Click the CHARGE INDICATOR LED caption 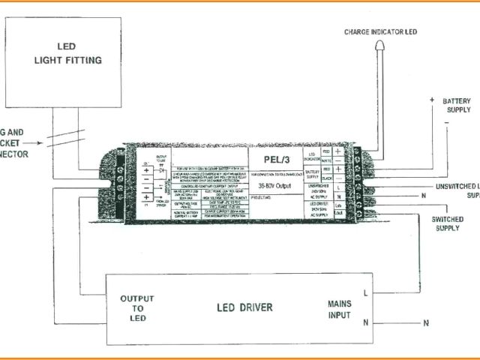[381, 31]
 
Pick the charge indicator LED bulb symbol [377, 47]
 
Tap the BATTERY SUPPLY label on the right [456, 106]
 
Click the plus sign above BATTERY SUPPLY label [432, 99]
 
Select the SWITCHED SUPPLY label [448, 223]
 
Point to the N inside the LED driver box [364, 322]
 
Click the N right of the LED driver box [425, 323]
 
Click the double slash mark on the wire [72, 137]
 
